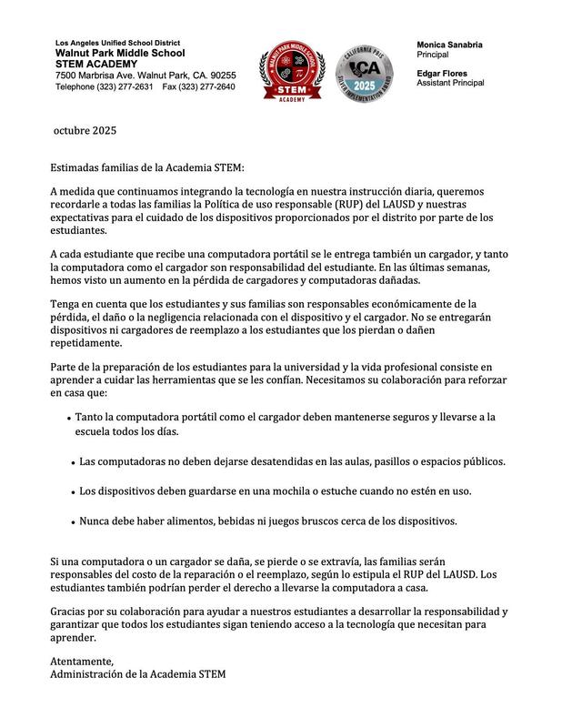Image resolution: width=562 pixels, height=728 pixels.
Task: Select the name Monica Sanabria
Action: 449,45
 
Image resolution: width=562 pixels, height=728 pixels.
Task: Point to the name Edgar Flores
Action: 442,73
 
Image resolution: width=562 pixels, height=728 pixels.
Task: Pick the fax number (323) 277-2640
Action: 210,86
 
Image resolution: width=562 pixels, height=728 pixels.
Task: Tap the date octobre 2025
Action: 85,130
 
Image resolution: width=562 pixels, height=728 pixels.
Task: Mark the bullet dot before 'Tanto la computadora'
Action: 69,419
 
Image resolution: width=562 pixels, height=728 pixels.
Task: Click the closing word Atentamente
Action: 82,661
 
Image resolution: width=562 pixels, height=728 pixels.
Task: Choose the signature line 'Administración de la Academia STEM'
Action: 137,674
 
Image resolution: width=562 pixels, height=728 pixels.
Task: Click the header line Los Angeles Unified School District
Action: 117,43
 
